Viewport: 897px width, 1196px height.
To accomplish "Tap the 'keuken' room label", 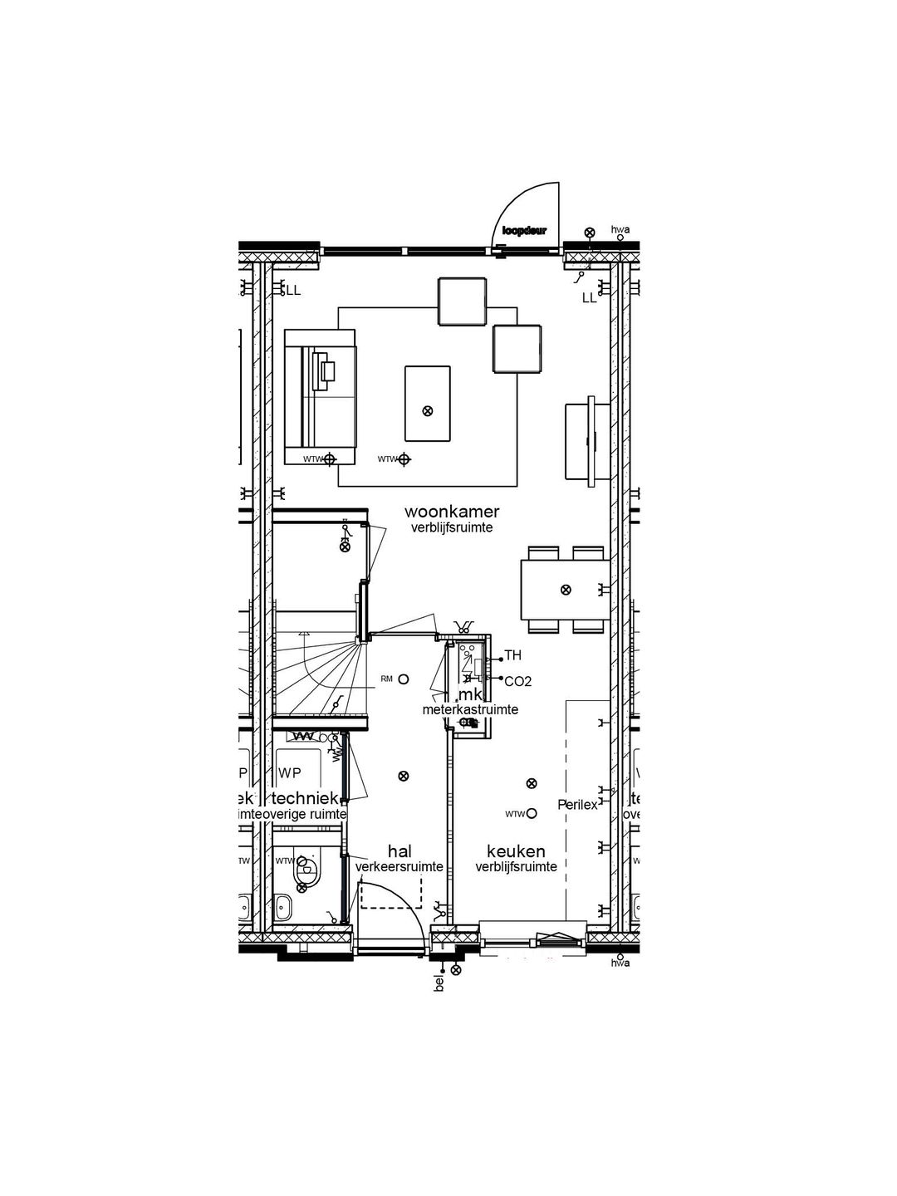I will pos(516,851).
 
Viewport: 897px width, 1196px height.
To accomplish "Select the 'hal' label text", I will pos(399,851).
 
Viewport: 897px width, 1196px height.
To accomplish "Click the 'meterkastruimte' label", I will pos(470,709).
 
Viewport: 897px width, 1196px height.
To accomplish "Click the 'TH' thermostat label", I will pos(513,656).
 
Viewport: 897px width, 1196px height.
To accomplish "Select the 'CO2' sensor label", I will pos(517,681).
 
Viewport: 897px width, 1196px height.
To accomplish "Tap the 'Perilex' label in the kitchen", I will pos(577,805).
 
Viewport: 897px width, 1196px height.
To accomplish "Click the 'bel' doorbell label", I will pos(440,983).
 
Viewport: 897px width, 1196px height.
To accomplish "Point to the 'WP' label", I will pos(290,773).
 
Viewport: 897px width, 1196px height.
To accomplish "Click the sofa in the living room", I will pos(320,396).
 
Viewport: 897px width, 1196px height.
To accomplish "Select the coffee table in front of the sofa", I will pos(428,404).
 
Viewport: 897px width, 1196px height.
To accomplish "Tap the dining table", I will pos(566,590).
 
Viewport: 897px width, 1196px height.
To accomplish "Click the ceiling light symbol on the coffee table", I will pos(428,410).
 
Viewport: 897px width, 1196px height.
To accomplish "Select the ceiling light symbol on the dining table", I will pos(566,590).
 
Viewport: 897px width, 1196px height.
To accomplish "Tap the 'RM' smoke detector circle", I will pos(404,679).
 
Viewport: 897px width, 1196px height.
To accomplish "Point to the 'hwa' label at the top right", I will pos(620,228).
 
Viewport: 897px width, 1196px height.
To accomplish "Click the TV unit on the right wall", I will pos(579,441).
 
